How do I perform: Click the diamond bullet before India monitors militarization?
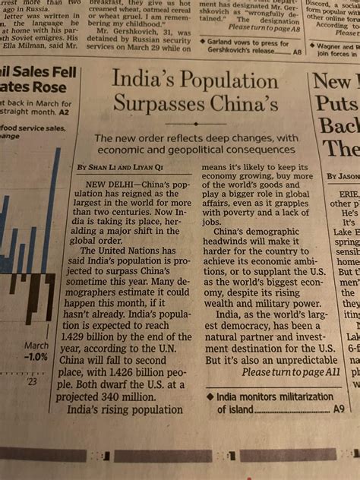coord(210,396)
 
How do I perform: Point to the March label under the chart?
coord(36,346)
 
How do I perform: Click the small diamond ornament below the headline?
coord(196,123)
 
